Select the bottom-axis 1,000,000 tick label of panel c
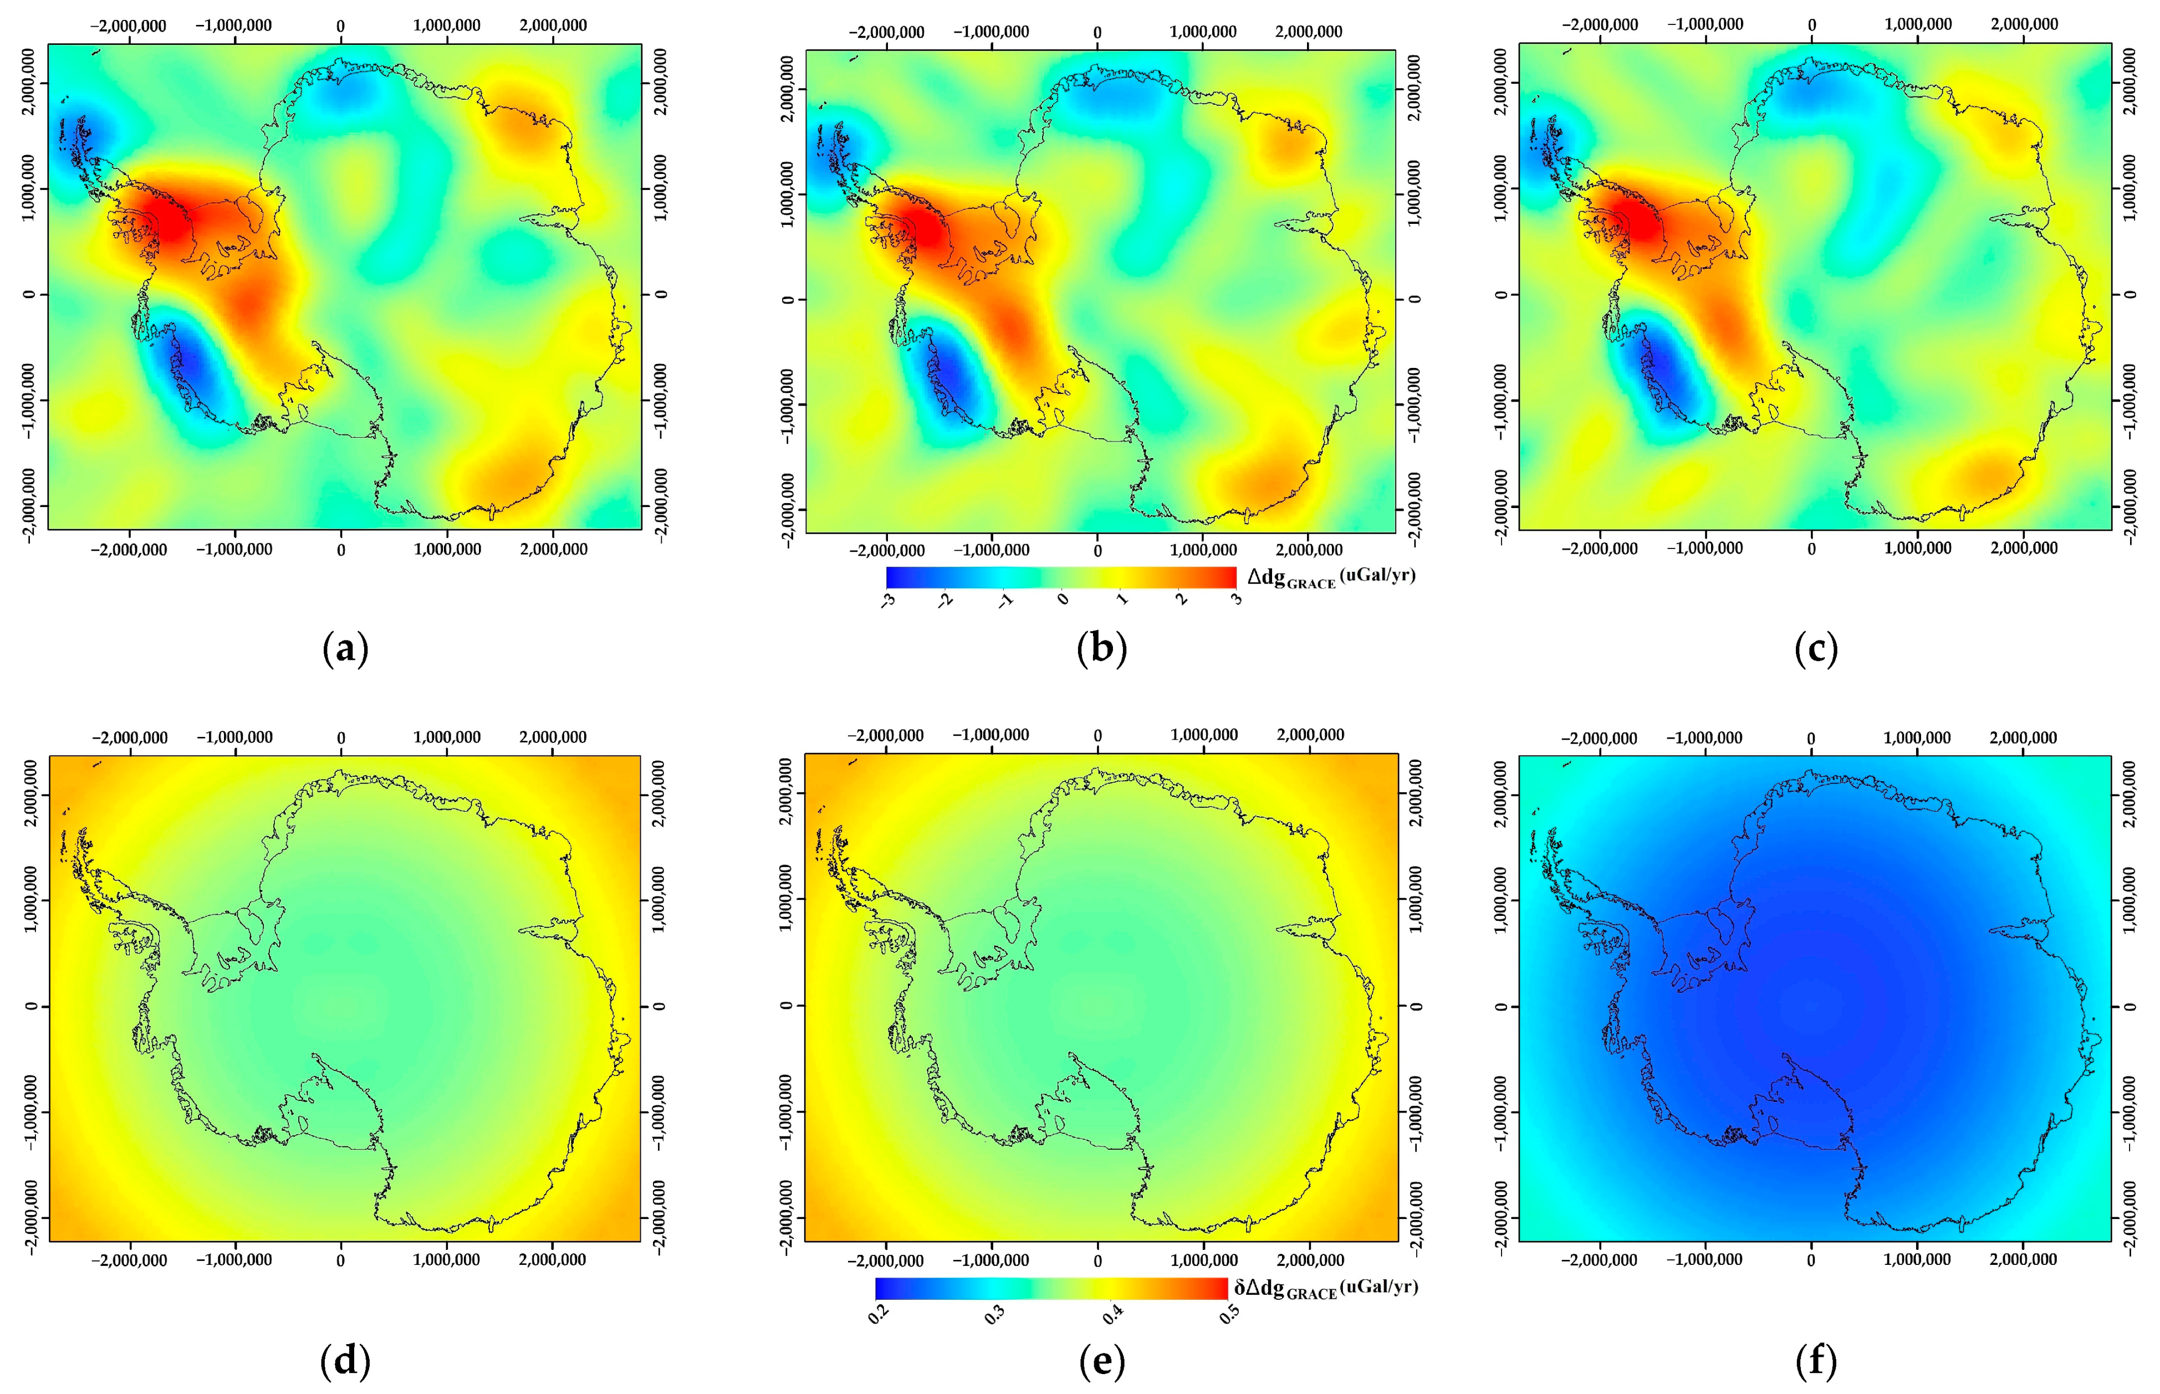point(1917,549)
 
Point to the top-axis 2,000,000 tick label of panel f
point(2023,738)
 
